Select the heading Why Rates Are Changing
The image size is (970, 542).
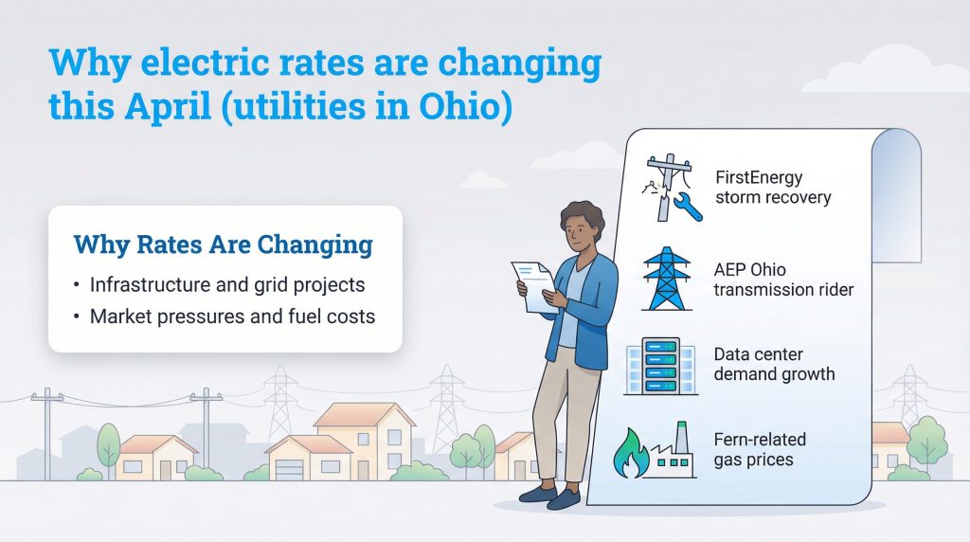[x=224, y=245]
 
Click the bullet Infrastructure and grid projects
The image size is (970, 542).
[x=227, y=284]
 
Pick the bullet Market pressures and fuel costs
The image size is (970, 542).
[x=232, y=316]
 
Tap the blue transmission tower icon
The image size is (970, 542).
[x=667, y=279]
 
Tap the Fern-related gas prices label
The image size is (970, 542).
[x=760, y=449]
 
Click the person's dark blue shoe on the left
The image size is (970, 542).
[x=536, y=493]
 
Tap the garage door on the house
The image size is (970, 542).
[x=289, y=467]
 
